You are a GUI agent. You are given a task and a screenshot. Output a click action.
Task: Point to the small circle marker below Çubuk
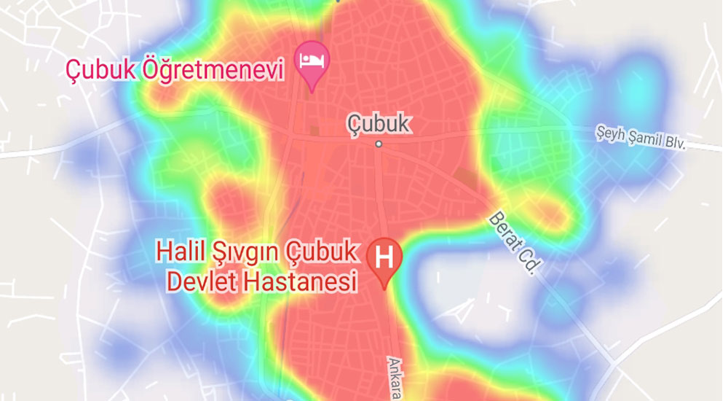[379, 144]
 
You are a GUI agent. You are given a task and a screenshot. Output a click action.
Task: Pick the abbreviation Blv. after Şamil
[674, 143]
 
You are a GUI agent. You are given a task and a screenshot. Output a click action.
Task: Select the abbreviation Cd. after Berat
[529, 262]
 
